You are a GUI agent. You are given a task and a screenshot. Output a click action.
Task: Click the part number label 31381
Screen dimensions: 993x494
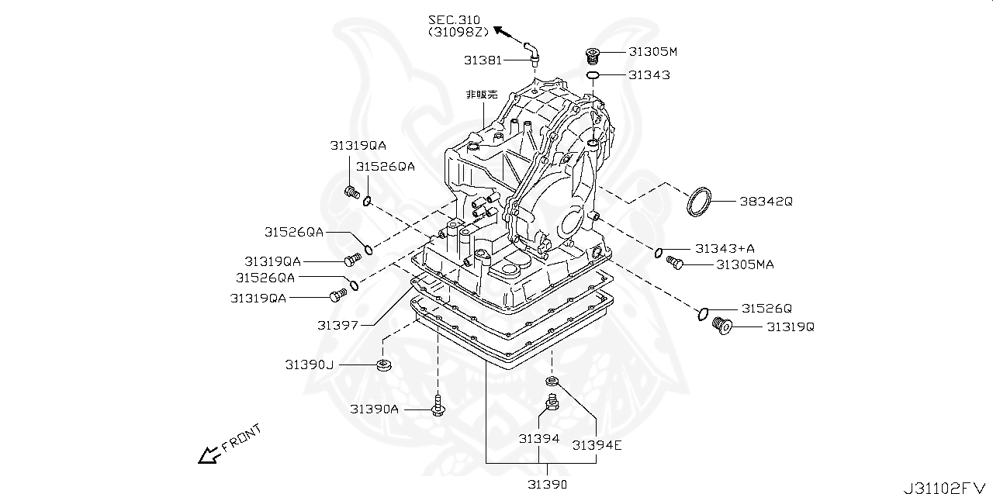pyautogui.click(x=483, y=60)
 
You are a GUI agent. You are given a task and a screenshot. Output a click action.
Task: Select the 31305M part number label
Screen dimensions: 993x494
pyautogui.click(x=653, y=52)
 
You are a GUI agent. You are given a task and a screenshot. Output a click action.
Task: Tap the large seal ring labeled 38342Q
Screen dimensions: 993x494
pyautogui.click(x=699, y=202)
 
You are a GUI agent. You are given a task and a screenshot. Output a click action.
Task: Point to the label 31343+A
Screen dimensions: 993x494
pyautogui.click(x=725, y=248)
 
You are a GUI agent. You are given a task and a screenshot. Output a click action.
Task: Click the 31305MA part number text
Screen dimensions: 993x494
pyautogui.click(x=746, y=264)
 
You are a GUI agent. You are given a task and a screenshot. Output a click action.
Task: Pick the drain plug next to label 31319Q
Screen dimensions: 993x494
pyautogui.click(x=721, y=326)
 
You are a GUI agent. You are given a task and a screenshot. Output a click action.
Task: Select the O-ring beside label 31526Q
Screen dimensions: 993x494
pyautogui.click(x=703, y=314)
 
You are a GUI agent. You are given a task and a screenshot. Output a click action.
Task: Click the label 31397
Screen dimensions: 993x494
pyautogui.click(x=337, y=326)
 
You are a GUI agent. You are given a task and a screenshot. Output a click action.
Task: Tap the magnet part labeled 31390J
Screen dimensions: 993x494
pyautogui.click(x=383, y=365)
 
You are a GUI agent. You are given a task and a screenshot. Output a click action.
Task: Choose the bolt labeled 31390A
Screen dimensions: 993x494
pyautogui.click(x=438, y=406)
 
